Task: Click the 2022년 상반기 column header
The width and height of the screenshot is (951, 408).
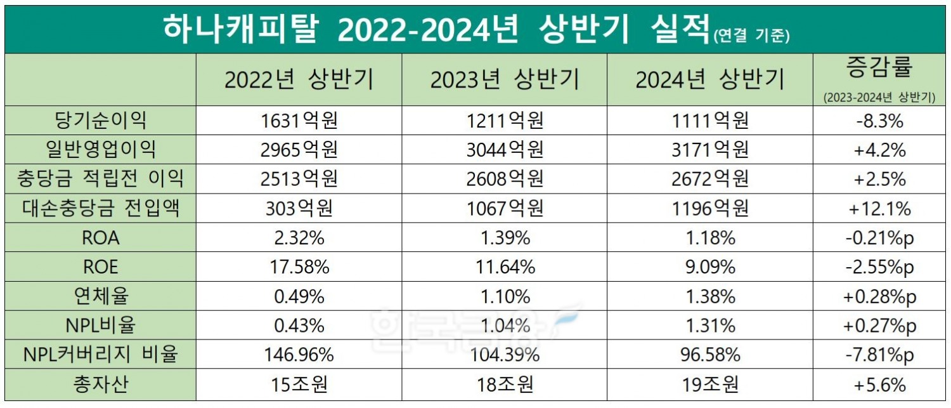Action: tap(299, 80)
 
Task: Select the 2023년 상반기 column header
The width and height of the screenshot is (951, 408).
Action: tap(504, 80)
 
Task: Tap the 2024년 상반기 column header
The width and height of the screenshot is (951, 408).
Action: tap(709, 80)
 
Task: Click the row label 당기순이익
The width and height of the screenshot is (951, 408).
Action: tap(101, 120)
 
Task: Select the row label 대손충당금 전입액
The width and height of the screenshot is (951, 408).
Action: tap(101, 208)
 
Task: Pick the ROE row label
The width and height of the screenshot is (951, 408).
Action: tap(101, 267)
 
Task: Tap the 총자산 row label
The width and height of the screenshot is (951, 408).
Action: tap(101, 385)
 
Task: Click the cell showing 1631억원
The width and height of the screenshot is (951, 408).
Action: tap(299, 120)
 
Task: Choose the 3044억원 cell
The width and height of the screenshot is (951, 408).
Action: tap(504, 150)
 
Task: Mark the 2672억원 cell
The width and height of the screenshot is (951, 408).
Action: tap(709, 179)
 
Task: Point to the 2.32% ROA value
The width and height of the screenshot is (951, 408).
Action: tap(299, 238)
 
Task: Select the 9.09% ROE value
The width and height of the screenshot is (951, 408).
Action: tap(709, 267)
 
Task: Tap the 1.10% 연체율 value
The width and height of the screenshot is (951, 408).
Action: tap(504, 296)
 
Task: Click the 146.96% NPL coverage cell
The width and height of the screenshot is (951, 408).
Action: tap(299, 355)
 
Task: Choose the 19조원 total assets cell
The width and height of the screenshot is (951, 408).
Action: tap(709, 385)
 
